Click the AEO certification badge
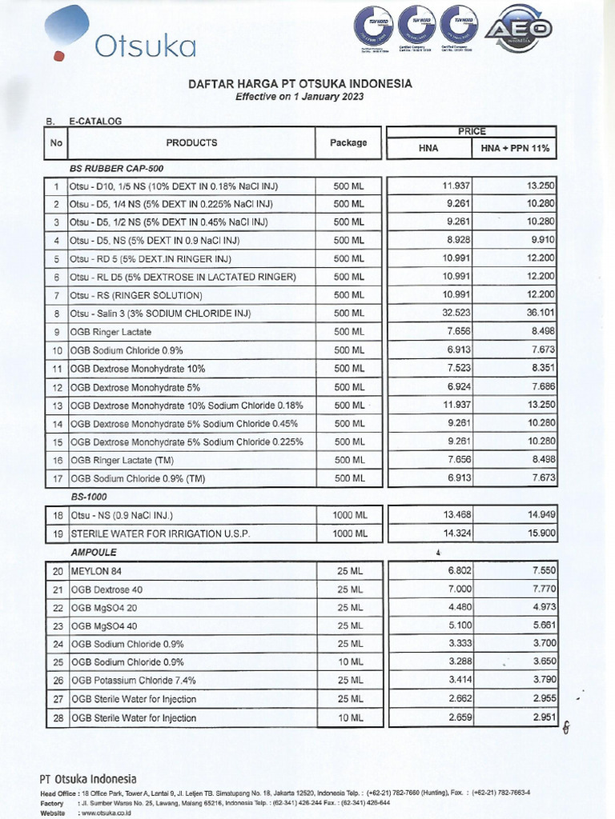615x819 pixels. click(526, 29)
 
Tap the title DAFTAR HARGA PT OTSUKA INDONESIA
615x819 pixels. click(299, 83)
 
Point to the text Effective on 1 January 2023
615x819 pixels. click(299, 96)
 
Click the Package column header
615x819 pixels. click(348, 143)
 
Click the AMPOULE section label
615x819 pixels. click(94, 552)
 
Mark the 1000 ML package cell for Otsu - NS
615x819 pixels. click(348, 514)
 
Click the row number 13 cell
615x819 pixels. click(57, 406)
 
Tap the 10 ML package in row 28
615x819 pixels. click(348, 717)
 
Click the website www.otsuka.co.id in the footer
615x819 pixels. click(103, 813)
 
